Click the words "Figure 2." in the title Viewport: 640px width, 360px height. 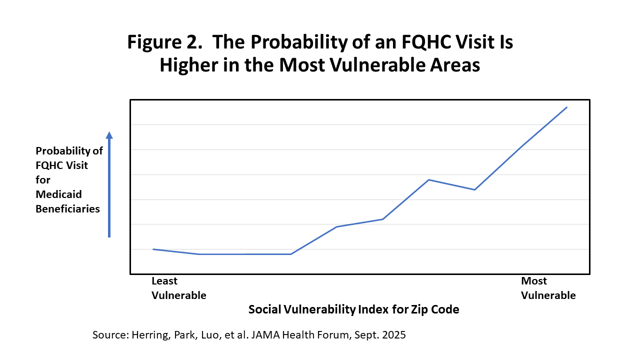coord(164,42)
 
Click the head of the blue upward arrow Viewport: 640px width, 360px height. coord(109,135)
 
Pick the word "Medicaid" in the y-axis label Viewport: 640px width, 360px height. coord(58,194)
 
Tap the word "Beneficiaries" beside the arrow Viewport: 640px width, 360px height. coord(67,208)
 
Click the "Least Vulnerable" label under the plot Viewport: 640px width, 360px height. coord(178,288)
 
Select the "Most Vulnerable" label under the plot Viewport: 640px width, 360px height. coord(548,288)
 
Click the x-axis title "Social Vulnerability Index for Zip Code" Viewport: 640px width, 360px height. coord(353,309)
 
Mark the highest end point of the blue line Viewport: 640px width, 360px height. coord(566,107)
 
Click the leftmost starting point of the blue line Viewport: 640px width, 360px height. coord(153,249)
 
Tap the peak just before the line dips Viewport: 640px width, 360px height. coord(429,179)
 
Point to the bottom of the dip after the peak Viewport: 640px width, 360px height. coord(474,189)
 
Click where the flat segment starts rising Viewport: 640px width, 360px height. coord(291,254)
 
